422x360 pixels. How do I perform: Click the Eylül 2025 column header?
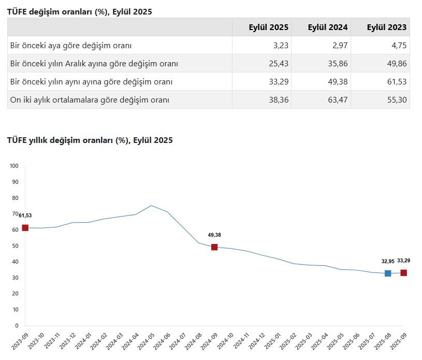click(269, 27)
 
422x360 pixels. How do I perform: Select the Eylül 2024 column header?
click(328, 27)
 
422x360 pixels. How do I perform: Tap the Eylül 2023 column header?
click(386, 27)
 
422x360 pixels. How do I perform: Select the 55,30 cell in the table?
click(396, 100)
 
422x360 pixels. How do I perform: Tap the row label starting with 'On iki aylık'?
click(90, 100)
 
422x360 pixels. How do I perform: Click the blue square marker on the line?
click(388, 273)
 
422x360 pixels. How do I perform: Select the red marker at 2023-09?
click(25, 228)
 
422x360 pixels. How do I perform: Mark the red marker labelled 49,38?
click(214, 247)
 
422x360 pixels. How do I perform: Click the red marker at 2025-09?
click(403, 273)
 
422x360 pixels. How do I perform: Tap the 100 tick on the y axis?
click(14, 166)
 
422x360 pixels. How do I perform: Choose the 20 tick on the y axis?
click(15, 294)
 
